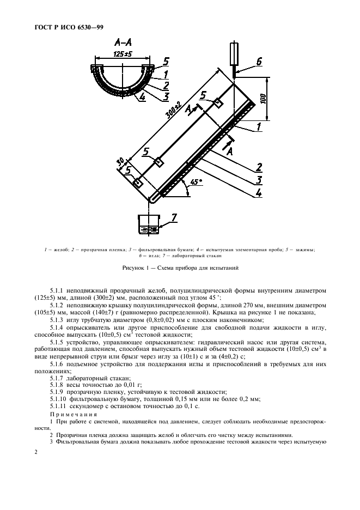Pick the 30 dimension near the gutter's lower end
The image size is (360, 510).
120,162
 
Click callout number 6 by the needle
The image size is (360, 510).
258,62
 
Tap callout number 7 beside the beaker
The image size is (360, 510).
174,218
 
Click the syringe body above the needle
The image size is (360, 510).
235,53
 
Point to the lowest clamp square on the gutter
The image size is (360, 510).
139,184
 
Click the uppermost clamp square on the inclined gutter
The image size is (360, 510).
217,102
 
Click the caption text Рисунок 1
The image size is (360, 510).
136,268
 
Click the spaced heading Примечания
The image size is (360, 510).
73,415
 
